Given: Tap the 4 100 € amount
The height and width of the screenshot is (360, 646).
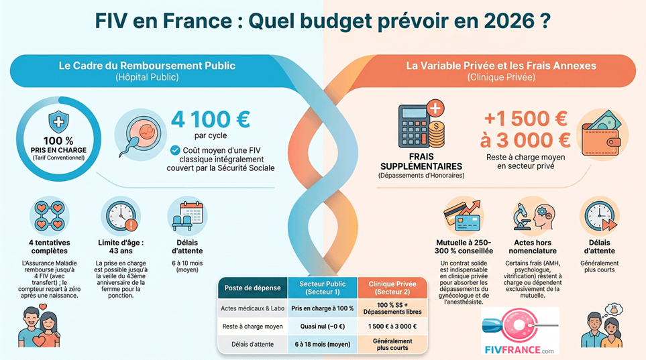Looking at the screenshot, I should (210, 119).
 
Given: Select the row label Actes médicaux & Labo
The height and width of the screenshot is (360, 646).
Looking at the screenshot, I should (252, 308).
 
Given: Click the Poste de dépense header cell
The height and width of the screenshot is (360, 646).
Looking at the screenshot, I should (252, 288).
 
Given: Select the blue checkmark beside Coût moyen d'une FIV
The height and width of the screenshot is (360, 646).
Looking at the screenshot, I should (174, 149).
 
